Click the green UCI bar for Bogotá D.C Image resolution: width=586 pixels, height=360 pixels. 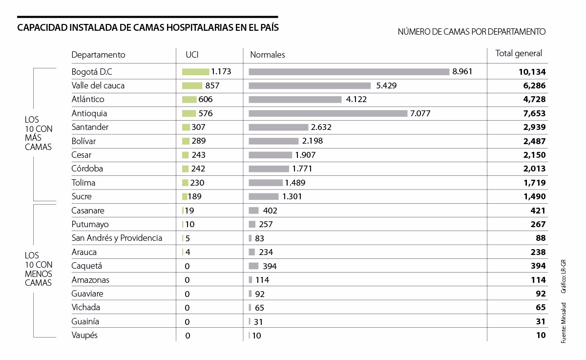click(x=196, y=72)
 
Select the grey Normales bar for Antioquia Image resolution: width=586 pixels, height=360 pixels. click(x=328, y=113)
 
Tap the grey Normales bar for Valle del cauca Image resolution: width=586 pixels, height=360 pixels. click(x=310, y=85)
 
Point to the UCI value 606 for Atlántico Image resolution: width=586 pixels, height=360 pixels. click(x=206, y=100)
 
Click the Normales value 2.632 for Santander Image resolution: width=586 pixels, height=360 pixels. click(x=321, y=127)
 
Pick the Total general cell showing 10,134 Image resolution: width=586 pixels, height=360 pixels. click(x=532, y=72)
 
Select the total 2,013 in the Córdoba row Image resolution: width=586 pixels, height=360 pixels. click(x=534, y=169)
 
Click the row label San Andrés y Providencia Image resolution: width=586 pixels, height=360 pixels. click(x=117, y=238)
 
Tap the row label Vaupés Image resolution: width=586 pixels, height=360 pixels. click(x=84, y=336)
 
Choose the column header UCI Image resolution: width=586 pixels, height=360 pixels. click(x=192, y=55)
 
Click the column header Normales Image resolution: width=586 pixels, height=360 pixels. click(x=268, y=55)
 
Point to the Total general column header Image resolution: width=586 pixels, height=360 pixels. click(x=519, y=54)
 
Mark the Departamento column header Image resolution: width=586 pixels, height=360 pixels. click(x=98, y=55)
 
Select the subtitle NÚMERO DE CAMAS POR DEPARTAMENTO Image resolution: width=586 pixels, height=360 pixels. click(x=471, y=32)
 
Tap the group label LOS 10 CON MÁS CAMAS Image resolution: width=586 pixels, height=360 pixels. click(x=39, y=133)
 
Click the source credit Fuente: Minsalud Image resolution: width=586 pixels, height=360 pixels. click(x=563, y=323)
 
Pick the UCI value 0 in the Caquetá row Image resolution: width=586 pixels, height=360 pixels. click(x=187, y=266)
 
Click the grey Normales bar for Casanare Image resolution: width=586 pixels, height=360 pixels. click(x=253, y=211)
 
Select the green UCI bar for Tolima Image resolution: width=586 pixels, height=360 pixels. click(x=185, y=183)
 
